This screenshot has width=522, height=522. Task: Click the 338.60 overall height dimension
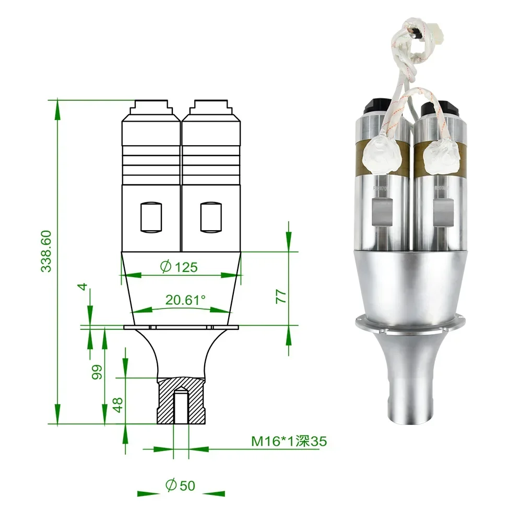(x=46, y=252)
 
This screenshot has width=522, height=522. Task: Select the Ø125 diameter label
(x=179, y=267)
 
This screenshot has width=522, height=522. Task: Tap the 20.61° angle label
(x=185, y=300)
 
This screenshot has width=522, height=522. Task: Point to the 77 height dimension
(x=281, y=296)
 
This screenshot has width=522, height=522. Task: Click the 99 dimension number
(x=97, y=372)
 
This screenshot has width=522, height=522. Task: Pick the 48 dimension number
(x=117, y=405)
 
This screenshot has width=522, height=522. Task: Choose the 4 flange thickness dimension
(x=83, y=286)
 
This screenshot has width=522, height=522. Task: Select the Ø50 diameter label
(x=180, y=485)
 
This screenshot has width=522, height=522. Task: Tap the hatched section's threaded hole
(x=181, y=406)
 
